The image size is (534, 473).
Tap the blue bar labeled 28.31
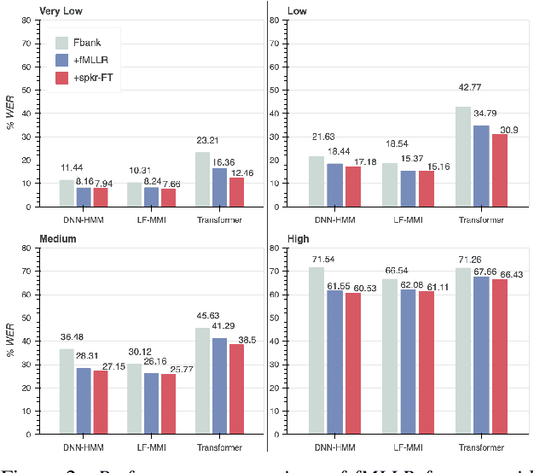click(x=84, y=401)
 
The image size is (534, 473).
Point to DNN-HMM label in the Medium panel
click(x=84, y=447)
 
